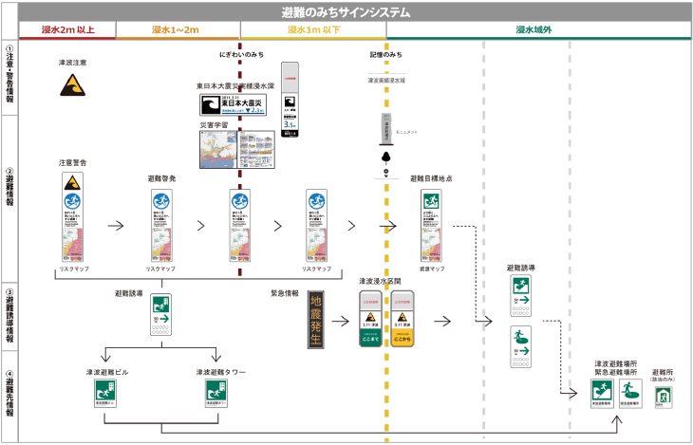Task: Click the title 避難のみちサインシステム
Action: pyautogui.click(x=346, y=12)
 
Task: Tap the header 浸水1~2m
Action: pyautogui.click(x=176, y=30)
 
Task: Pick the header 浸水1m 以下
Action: pyautogui.click(x=314, y=30)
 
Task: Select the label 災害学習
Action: pyautogui.click(x=214, y=124)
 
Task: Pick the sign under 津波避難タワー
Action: pyautogui.click(x=221, y=394)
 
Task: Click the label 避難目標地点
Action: pyautogui.click(x=431, y=178)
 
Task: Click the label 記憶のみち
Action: pyautogui.click(x=386, y=54)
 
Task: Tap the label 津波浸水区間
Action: pyautogui.click(x=386, y=281)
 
